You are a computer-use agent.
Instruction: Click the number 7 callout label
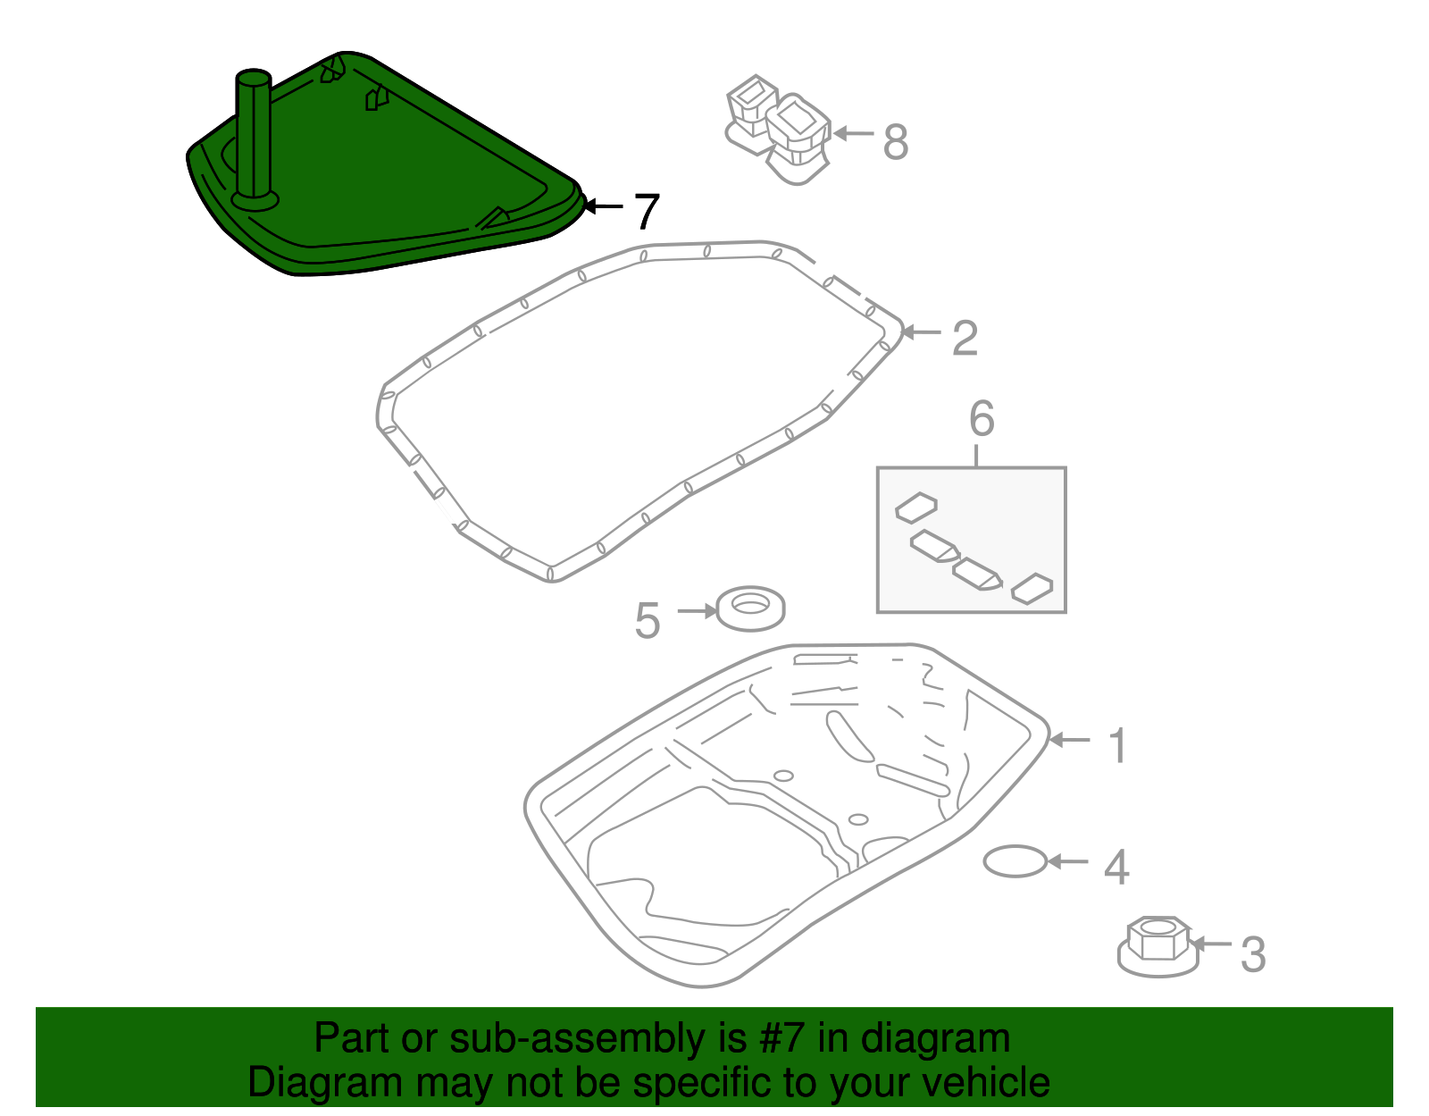click(646, 212)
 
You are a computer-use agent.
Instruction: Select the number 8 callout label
click(896, 142)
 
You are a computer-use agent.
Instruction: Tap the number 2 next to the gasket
click(965, 339)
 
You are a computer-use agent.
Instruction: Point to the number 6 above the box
click(982, 419)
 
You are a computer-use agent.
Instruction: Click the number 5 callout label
click(647, 620)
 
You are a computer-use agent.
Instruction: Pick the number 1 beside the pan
click(1117, 745)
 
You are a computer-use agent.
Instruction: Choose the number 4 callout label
click(1116, 867)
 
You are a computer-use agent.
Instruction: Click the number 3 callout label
click(1253, 954)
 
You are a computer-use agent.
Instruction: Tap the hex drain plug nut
click(1157, 946)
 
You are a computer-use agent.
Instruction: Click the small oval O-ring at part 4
click(1015, 861)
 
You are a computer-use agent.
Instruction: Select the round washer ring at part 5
click(750, 608)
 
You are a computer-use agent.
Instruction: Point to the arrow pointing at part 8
click(853, 134)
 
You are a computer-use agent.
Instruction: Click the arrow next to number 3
click(1211, 944)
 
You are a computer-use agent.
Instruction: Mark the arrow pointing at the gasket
click(921, 332)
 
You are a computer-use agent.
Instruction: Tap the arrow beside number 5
click(698, 610)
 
